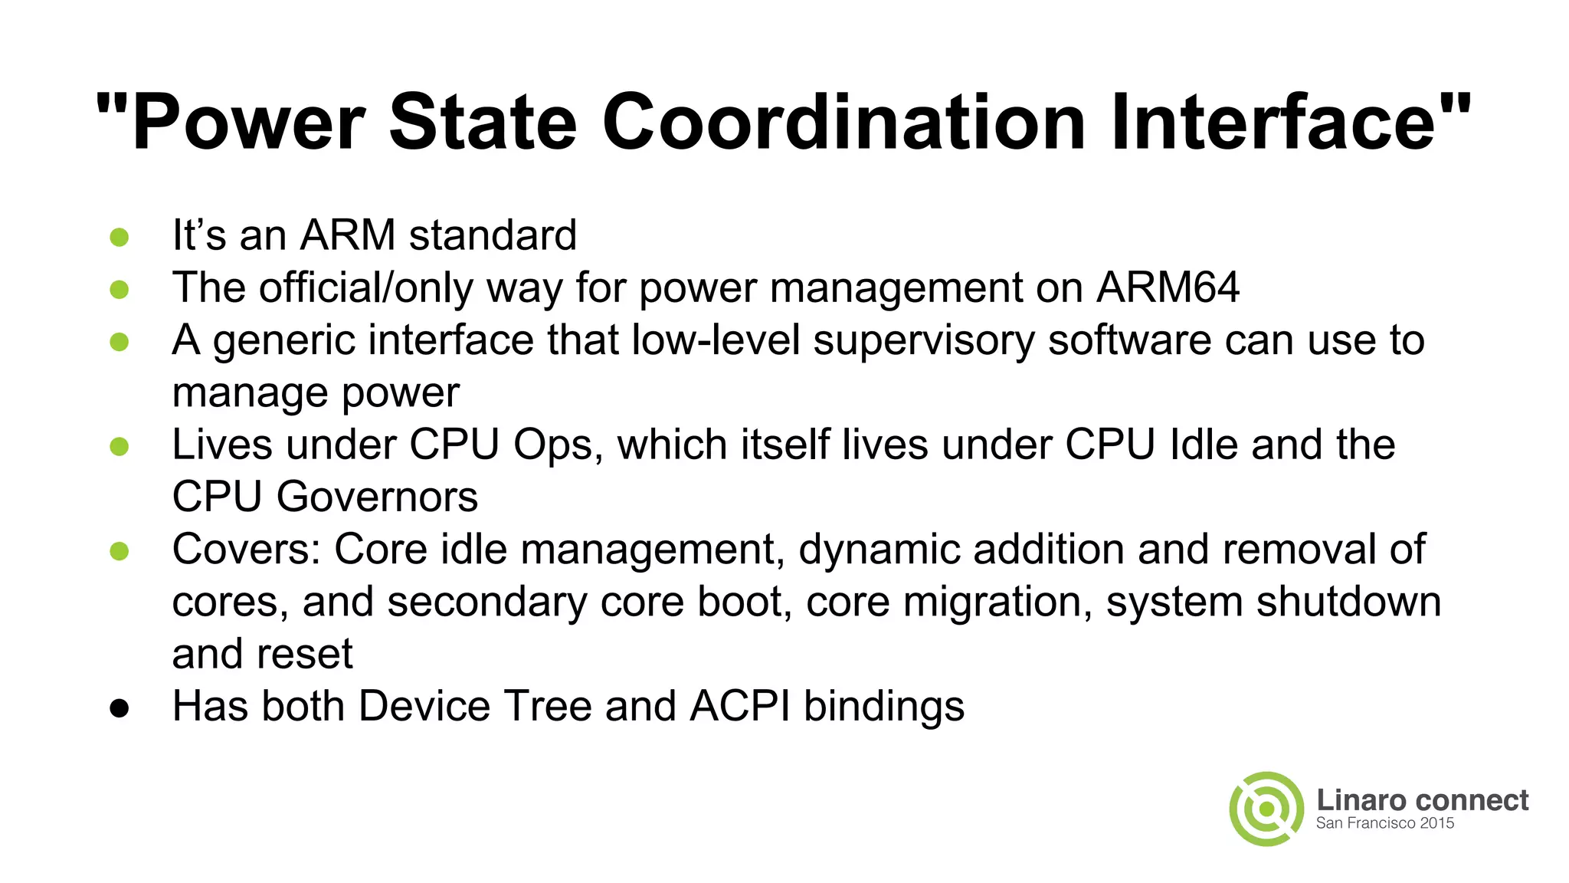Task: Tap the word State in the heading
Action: pyautogui.click(x=483, y=123)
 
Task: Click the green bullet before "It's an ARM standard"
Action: pyautogui.click(x=120, y=237)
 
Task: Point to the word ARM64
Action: pyautogui.click(x=1168, y=287)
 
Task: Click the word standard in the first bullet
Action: pyautogui.click(x=493, y=235)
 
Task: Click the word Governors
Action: pyautogui.click(x=377, y=497)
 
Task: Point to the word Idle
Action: pyautogui.click(x=1204, y=445)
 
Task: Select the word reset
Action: pyautogui.click(x=305, y=655)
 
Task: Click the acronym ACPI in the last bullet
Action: pyautogui.click(x=739, y=706)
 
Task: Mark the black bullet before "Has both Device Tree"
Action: pyautogui.click(x=120, y=708)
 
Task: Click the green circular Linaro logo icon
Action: pyautogui.click(x=1266, y=809)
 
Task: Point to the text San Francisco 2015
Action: pyautogui.click(x=1384, y=823)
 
